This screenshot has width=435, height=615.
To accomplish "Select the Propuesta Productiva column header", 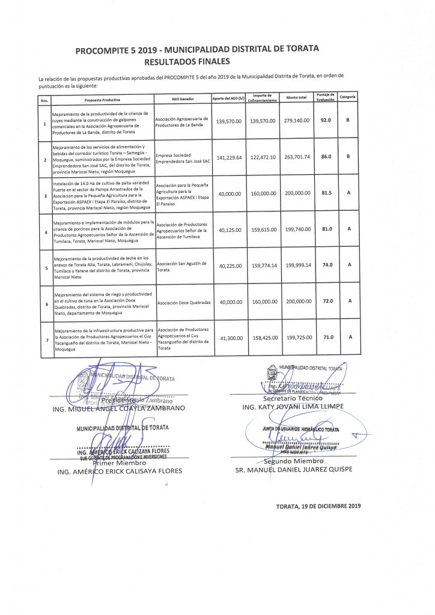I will click(103, 98).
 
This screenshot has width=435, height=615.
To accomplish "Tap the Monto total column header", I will click(297, 97).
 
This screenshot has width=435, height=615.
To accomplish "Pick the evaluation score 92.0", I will click(327, 121).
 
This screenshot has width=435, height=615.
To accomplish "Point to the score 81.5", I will click(327, 193).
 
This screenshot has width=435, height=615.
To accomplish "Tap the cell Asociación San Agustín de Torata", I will click(181, 267).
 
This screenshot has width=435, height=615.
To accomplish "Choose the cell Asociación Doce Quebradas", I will click(183, 303).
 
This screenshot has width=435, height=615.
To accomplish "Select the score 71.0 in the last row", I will click(327, 337).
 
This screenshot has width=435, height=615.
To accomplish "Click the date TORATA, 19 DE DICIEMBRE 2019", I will click(318, 506).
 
